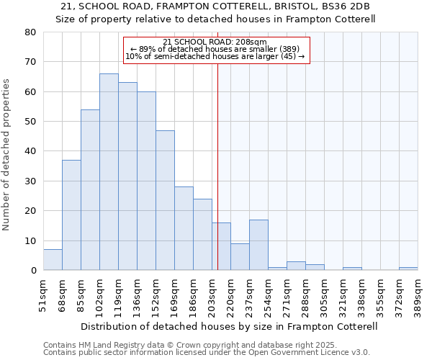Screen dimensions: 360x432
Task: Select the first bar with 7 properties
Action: pyautogui.click(x=53, y=260)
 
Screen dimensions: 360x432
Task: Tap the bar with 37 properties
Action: pyautogui.click(x=71, y=215)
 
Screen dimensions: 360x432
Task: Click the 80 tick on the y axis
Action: pyautogui.click(x=30, y=32)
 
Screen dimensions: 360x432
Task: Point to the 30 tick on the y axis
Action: pyautogui.click(x=30, y=181)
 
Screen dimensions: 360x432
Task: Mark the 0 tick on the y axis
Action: pyautogui.click(x=33, y=271)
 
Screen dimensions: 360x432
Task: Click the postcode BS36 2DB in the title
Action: pyautogui.click(x=350, y=7)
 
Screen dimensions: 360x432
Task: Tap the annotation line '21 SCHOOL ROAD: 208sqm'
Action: pyautogui.click(x=215, y=42)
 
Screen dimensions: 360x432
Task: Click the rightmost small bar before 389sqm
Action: pyautogui.click(x=408, y=269)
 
